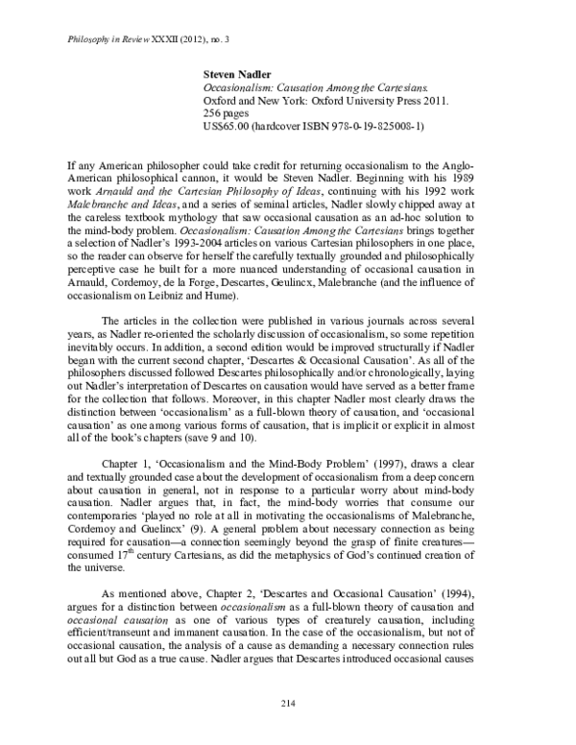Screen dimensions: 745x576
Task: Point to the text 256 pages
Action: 228,112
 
